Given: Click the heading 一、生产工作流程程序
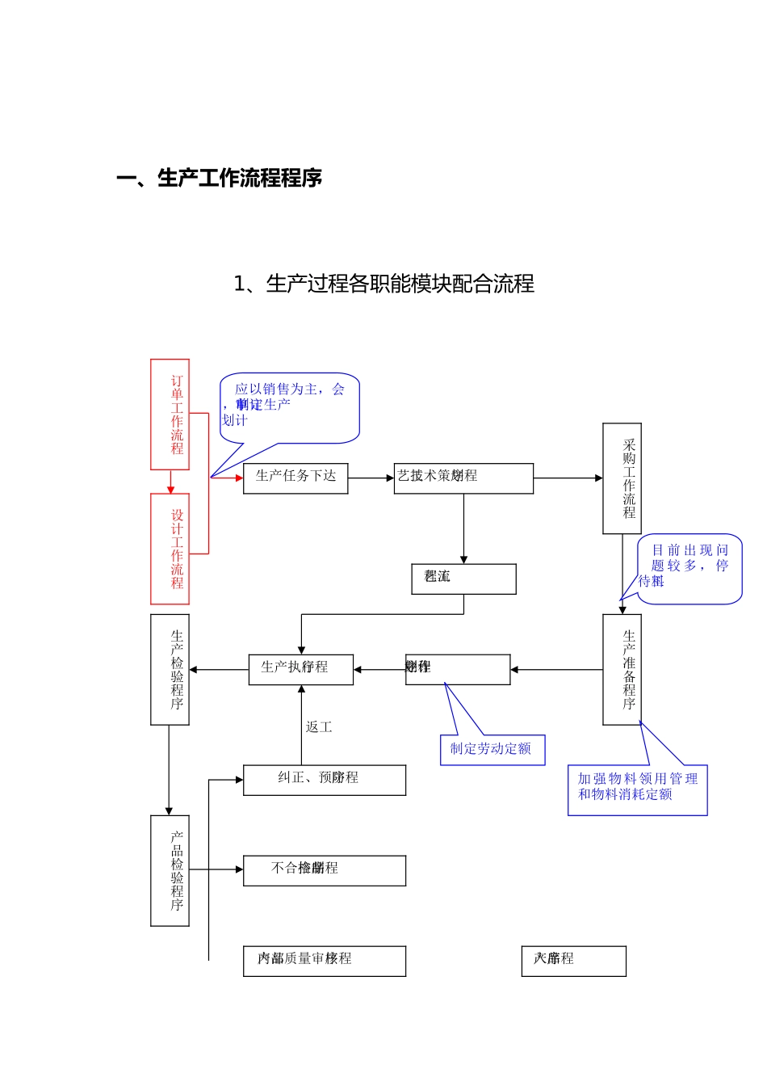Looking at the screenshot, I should pyautogui.click(x=220, y=178).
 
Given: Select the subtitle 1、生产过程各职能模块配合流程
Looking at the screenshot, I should pyautogui.click(x=383, y=284).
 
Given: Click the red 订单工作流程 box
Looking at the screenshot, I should pyautogui.click(x=170, y=415).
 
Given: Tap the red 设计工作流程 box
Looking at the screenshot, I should pyautogui.click(x=170, y=549).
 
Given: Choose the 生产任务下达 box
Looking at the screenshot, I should pyautogui.click(x=295, y=478).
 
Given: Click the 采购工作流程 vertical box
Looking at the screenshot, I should pyautogui.click(x=622, y=478).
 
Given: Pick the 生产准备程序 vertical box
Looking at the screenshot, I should pyautogui.click(x=622, y=670).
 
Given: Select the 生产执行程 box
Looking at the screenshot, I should pyautogui.click(x=300, y=670).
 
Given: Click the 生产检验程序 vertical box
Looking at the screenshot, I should pyautogui.click(x=170, y=670).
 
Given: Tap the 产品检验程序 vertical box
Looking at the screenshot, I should pyautogui.click(x=170, y=870).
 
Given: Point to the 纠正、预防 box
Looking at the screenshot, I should pyautogui.click(x=324, y=780).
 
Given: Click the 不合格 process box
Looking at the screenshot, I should pyautogui.click(x=324, y=870).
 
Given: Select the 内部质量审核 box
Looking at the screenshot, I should pyautogui.click(x=324, y=961).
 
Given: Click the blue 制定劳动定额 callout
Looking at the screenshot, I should pyautogui.click(x=492, y=749).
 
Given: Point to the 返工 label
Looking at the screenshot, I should pyautogui.click(x=319, y=727).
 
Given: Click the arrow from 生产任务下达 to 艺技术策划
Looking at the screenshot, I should pyautogui.click(x=371, y=478).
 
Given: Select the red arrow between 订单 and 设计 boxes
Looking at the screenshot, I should pyautogui.click(x=170, y=482).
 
